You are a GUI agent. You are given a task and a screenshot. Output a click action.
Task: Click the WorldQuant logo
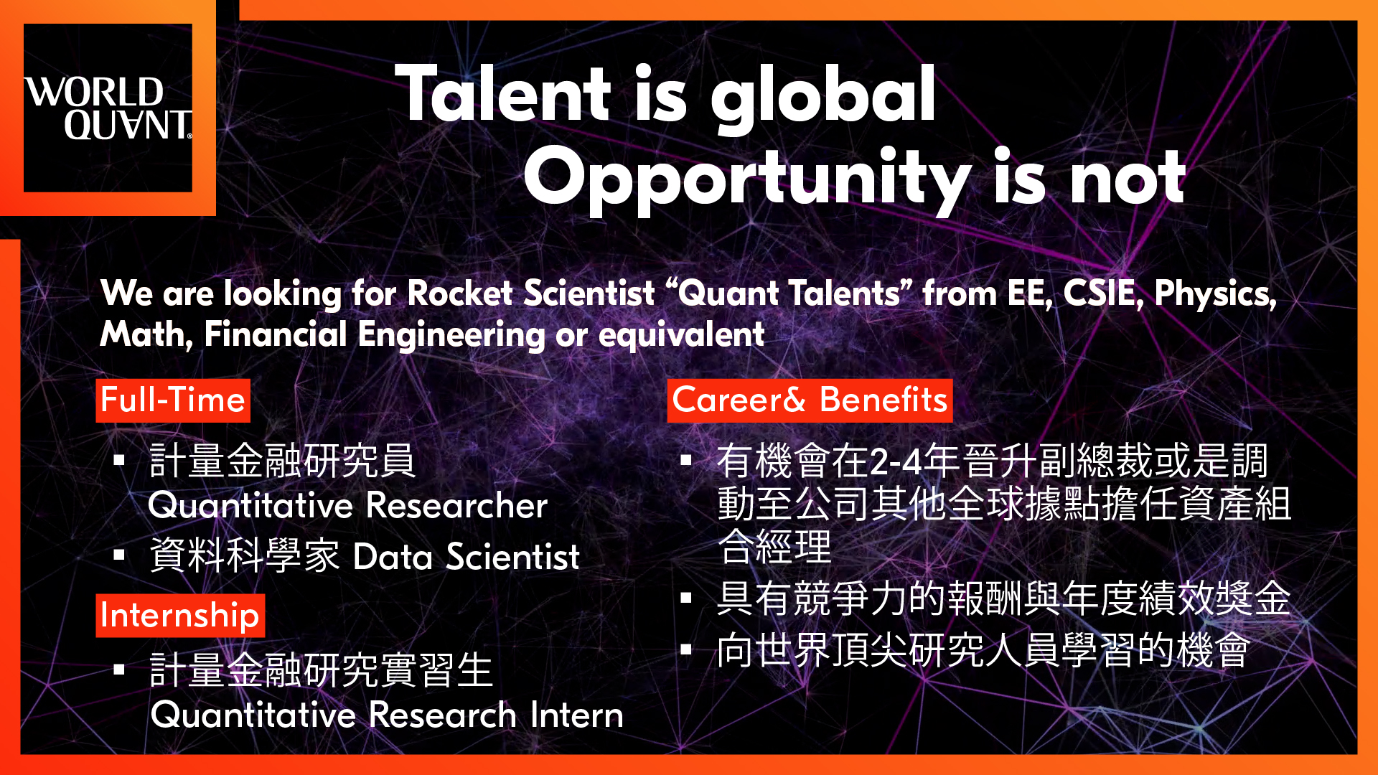[x=108, y=108]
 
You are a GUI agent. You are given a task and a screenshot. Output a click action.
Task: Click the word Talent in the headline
[x=503, y=93]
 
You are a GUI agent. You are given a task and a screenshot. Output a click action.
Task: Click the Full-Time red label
[x=173, y=400]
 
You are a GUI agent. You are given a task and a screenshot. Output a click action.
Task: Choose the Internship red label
[x=180, y=616]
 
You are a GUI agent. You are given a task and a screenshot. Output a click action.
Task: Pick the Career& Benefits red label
[x=810, y=400]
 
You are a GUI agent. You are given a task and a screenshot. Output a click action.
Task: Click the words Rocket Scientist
[x=531, y=293]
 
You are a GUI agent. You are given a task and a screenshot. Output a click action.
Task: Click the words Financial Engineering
[x=375, y=335]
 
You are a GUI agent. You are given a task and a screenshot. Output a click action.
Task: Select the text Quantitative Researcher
[x=348, y=505]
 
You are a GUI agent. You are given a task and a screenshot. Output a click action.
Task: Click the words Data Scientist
[x=467, y=557]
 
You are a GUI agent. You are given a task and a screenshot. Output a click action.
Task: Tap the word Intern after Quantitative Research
[x=577, y=715]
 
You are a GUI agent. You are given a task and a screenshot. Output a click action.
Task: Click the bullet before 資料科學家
[x=119, y=555]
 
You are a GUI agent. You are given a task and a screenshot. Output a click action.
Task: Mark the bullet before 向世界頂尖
[x=686, y=649]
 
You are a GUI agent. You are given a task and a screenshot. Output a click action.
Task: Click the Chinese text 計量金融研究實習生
[x=321, y=670]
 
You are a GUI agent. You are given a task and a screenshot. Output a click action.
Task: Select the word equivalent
[x=682, y=335]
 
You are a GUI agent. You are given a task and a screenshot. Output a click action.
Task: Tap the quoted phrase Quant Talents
[x=789, y=293]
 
